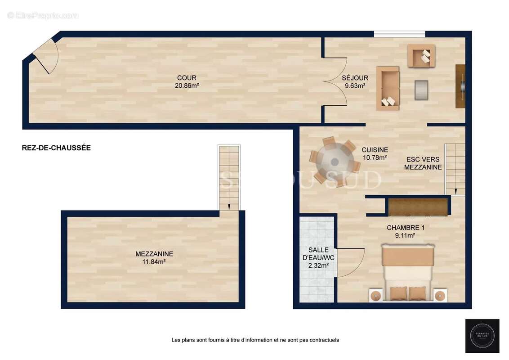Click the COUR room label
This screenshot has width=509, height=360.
coord(187,78)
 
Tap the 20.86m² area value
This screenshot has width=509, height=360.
coord(187,85)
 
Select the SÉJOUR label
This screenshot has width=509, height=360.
coord(355,78)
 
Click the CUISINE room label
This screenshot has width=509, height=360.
coord(375,150)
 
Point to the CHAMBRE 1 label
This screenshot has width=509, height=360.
coord(406,228)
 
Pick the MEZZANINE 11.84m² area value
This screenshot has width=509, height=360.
coord(154,261)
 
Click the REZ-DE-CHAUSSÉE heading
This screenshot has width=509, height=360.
coord(56,148)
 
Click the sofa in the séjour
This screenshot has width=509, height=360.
coord(388,88)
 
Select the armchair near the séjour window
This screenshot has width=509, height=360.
coord(421,56)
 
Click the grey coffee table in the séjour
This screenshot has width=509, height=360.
coord(421,90)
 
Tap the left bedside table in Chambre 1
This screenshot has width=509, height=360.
coord(375,295)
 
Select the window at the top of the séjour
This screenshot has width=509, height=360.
coord(399,34)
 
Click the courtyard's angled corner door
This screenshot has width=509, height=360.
coord(45,56)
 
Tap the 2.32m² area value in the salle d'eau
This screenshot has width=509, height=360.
coord(318,265)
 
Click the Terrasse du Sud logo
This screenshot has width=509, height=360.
coord(482,336)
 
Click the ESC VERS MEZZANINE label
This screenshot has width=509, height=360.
coord(423,163)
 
